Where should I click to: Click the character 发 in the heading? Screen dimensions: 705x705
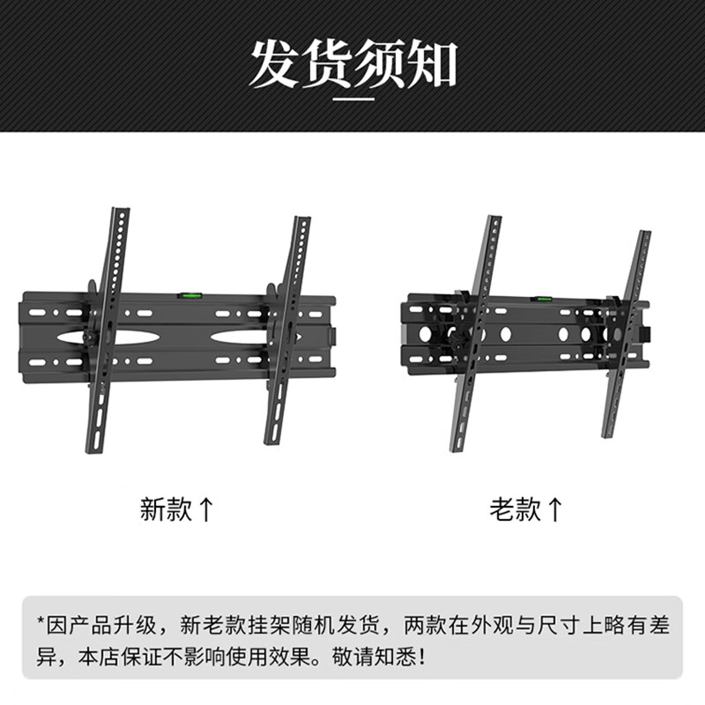274,63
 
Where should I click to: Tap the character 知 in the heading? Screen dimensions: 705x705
431,63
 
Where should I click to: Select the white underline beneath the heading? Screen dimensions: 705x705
352,100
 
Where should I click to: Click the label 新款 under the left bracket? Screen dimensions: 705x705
166,508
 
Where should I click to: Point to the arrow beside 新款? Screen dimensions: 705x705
205,508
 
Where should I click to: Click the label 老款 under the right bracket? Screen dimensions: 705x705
516,508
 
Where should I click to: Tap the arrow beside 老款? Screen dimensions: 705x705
555,508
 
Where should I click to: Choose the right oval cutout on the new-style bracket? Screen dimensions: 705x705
238,337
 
